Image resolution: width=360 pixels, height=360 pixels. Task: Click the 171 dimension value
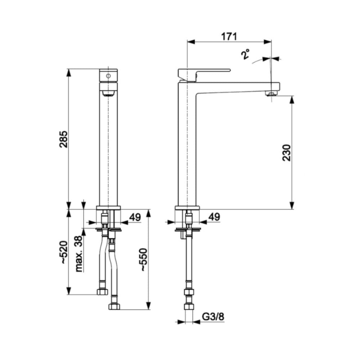click(x=229, y=36)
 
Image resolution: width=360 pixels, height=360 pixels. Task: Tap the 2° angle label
click(x=246, y=54)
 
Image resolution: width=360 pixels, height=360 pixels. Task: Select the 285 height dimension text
click(x=63, y=139)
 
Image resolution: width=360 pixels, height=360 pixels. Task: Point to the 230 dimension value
click(x=287, y=153)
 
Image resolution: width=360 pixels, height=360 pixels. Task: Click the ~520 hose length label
click(x=63, y=252)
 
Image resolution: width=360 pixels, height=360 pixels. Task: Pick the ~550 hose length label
click(x=144, y=260)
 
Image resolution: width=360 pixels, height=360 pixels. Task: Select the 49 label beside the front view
click(x=135, y=217)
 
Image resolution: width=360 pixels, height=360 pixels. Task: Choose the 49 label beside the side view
click(x=214, y=217)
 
